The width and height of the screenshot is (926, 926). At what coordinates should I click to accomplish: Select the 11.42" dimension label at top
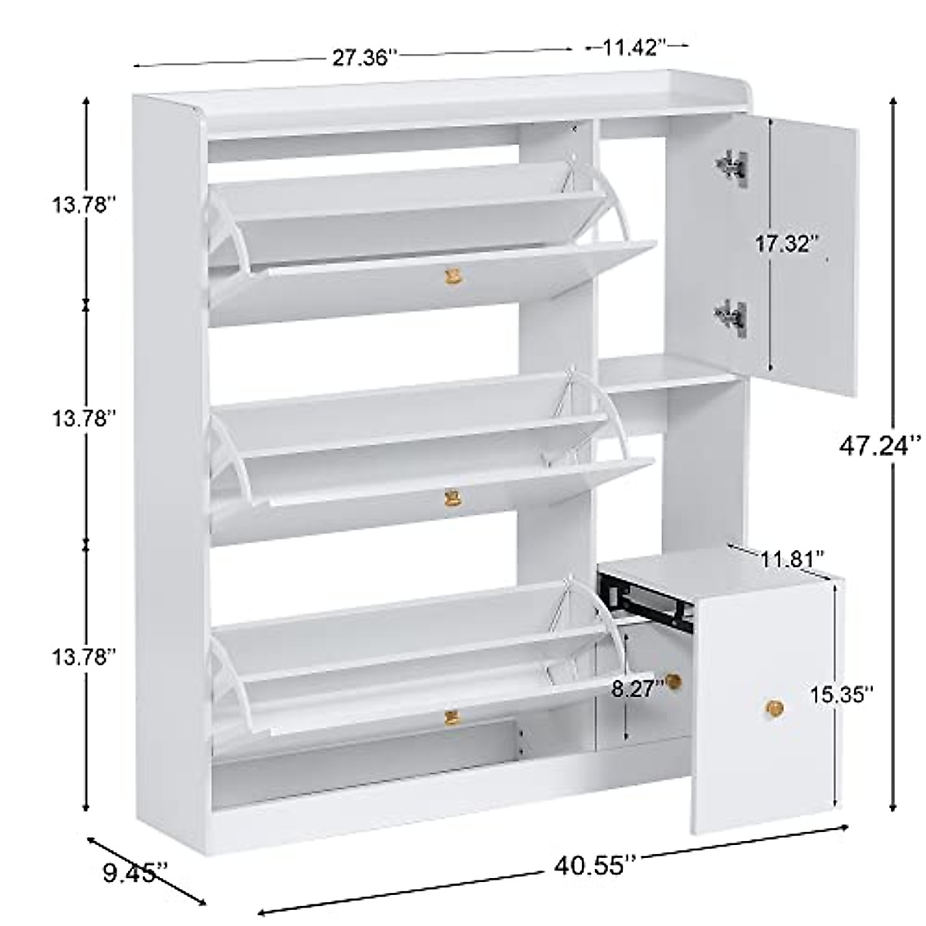point(635,48)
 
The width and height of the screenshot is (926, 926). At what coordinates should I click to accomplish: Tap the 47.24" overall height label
point(881,445)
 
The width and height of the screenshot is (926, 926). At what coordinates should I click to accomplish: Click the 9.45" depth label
point(133,874)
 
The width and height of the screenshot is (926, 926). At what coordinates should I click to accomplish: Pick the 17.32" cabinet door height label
point(786,245)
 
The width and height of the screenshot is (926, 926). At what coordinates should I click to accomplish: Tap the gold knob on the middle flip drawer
point(451,498)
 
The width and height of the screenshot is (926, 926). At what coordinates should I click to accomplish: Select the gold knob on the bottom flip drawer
point(451,718)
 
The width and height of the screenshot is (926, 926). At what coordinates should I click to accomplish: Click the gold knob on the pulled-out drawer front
point(773,706)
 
